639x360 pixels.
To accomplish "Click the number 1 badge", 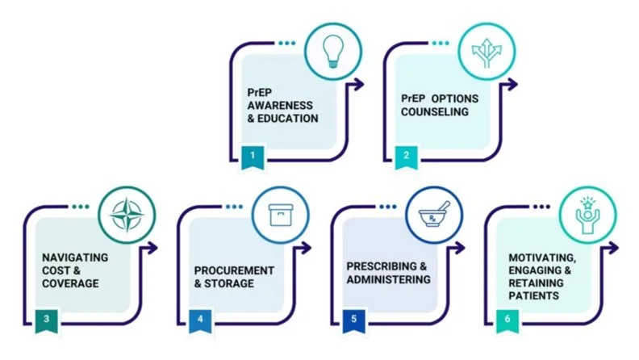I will pyautogui.click(x=253, y=155).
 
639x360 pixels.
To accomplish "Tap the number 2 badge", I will pyautogui.click(x=407, y=155).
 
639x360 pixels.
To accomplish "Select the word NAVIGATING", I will pyautogui.click(x=75, y=257).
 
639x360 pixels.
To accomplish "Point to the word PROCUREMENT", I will pyautogui.click(x=234, y=270).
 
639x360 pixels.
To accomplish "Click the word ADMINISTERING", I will pyautogui.click(x=388, y=279).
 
